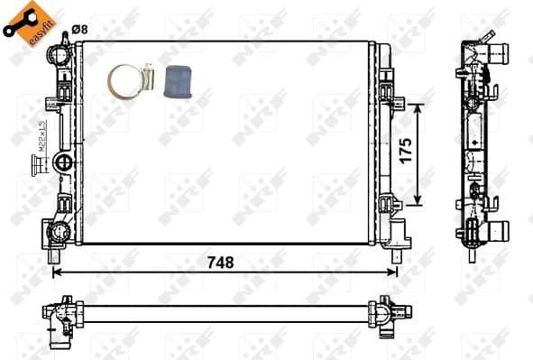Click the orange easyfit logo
click(24, 23)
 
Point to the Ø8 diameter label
click(79, 30)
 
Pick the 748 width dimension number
click(221, 263)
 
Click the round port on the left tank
click(65, 163)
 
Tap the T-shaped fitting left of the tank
click(39, 165)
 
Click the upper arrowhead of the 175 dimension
click(418, 107)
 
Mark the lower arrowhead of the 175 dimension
click(418, 202)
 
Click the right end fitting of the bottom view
click(385, 311)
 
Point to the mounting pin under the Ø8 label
click(66, 40)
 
